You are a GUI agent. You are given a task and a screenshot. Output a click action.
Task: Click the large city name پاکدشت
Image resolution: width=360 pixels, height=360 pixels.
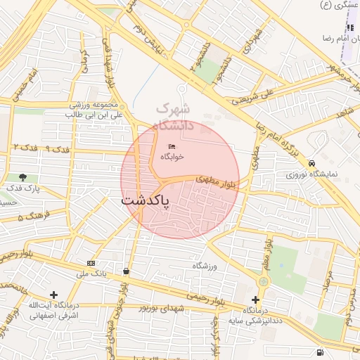[x=146, y=200]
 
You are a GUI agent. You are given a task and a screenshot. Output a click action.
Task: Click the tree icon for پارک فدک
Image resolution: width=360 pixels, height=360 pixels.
[x=23, y=178]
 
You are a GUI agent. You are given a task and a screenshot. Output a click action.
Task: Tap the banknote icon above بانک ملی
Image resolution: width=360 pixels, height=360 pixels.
[x=91, y=262]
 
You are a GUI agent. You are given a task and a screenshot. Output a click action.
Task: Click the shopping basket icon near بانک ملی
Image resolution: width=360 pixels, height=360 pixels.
[x=126, y=271]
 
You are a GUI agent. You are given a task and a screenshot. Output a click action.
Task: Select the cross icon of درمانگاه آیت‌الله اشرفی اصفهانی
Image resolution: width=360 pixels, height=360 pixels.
[x=53, y=294]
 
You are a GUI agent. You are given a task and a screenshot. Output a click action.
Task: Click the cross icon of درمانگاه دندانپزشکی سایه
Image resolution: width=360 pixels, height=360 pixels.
[x=255, y=300]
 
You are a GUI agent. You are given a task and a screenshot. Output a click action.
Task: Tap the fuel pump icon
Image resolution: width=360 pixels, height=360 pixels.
[x=321, y=352]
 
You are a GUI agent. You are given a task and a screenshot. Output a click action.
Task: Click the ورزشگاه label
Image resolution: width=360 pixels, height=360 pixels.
[x=205, y=266]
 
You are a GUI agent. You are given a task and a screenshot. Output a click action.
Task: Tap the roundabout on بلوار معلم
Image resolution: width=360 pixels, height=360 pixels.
[x=264, y=281]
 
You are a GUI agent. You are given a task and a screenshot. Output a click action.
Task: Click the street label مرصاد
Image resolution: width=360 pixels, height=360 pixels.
[x=327, y=281]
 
